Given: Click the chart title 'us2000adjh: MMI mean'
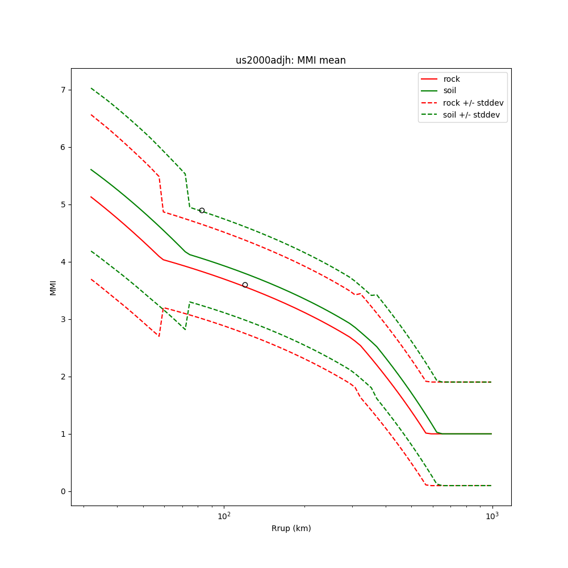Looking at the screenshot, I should click(x=290, y=61).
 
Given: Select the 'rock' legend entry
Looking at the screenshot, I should click(x=452, y=79).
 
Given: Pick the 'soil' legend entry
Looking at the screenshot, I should click(x=449, y=90).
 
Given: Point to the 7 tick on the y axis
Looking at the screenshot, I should click(x=64, y=90).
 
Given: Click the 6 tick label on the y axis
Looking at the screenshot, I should click(x=64, y=147).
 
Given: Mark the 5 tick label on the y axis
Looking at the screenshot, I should click(x=64, y=204).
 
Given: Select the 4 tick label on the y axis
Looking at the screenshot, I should click(x=64, y=262).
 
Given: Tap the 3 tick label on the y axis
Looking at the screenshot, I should click(x=64, y=319).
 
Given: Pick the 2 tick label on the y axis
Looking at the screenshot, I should click(x=64, y=377).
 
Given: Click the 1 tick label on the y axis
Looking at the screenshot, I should click(x=64, y=434).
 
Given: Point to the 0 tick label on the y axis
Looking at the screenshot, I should click(x=64, y=491).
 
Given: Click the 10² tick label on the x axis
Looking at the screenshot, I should click(x=224, y=515).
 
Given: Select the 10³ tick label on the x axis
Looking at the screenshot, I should click(x=492, y=515).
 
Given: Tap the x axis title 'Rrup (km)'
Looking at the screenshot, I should click(x=291, y=528).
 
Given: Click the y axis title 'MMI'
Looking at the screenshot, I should click(x=53, y=287).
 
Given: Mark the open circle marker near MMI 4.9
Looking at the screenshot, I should click(x=202, y=210).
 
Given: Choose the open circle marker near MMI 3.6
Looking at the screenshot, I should click(x=245, y=285).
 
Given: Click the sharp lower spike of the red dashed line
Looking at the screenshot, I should click(x=159, y=336).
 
